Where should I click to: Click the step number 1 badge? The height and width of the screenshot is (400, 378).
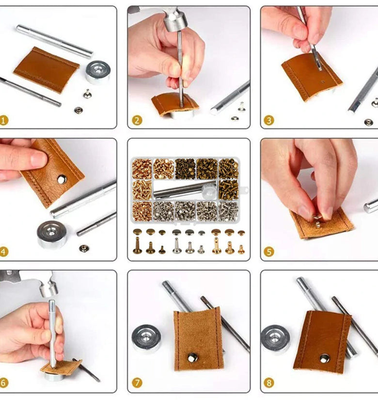tap(3, 120)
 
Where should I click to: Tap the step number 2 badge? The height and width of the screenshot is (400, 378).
tap(137, 120)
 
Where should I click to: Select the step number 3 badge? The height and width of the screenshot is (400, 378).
tap(269, 120)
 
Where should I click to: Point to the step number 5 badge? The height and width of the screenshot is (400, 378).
tap(269, 252)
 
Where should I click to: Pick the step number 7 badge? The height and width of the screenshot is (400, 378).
tap(137, 383)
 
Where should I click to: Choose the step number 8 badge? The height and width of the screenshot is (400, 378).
tap(269, 383)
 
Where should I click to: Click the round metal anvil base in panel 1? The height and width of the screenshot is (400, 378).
tap(98, 72)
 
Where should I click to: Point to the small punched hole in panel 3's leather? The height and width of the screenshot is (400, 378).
tap(323, 82)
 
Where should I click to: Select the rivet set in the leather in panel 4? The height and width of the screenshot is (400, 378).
tap(62, 179)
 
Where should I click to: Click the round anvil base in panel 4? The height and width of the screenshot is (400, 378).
tap(52, 234)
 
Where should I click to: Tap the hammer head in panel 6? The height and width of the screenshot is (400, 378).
tap(48, 287)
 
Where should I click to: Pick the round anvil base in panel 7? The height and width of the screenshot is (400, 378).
tap(146, 338)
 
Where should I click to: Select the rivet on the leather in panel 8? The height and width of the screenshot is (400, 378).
tap(324, 358)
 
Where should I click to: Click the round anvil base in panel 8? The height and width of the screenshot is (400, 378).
tap(275, 340)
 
